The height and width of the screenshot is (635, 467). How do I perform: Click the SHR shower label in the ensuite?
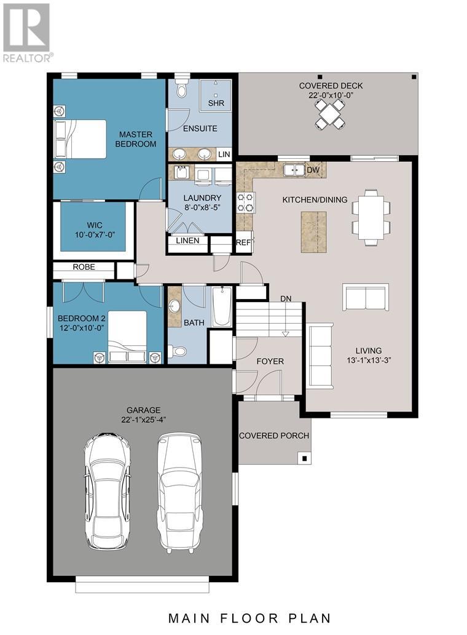click(216, 103)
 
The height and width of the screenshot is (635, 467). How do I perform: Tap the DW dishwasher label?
click(313, 170)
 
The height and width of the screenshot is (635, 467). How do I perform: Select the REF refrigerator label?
click(243, 242)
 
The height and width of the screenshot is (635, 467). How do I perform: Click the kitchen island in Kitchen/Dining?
click(313, 231)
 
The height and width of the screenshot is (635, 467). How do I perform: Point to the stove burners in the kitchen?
click(246, 201)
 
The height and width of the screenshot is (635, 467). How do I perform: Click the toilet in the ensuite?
click(181, 90)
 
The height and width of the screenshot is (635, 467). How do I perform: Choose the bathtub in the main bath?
click(221, 307)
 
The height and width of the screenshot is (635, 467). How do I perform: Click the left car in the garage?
click(107, 490)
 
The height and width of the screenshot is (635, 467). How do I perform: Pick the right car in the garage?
click(179, 490)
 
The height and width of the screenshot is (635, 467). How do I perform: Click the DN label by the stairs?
click(286, 298)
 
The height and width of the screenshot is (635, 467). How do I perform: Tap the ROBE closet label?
click(84, 267)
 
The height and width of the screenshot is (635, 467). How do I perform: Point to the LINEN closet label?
click(187, 241)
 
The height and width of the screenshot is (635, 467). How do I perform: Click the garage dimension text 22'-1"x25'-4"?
click(144, 420)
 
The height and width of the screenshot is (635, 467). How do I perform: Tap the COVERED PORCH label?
click(273, 436)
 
